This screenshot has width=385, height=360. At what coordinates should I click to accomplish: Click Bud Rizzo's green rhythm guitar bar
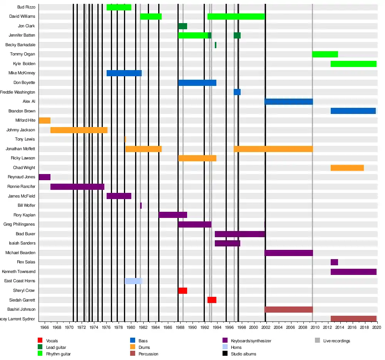tap(119, 7)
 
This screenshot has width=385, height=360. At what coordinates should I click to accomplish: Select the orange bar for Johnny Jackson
tap(79, 130)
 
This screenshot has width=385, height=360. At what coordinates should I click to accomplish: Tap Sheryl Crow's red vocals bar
tap(182, 291)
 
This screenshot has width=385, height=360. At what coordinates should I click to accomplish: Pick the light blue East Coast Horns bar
tap(133, 281)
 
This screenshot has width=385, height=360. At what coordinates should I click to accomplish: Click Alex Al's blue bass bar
tap(288, 102)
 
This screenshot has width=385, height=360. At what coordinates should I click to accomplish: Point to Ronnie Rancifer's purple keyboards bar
tap(77, 187)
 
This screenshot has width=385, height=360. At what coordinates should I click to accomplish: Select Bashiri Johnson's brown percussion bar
tap(288, 310)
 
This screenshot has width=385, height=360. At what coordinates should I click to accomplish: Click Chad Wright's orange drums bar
tap(347, 168)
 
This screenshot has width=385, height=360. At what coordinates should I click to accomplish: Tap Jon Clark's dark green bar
tap(182, 26)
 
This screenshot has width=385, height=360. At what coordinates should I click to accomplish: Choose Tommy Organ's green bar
tap(325, 54)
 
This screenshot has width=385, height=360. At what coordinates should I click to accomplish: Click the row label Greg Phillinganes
tap(19, 224)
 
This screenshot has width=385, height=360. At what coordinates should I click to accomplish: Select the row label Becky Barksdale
tap(20, 45)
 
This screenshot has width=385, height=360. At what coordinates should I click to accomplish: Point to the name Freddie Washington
tap(18, 92)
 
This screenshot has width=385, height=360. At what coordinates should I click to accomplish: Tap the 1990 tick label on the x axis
tap(192, 327)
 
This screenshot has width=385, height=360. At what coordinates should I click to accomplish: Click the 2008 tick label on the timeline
tap(303, 327)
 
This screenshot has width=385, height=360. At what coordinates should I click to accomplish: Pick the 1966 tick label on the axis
tap(45, 327)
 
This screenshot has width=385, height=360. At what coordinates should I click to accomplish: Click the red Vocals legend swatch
tap(40, 340)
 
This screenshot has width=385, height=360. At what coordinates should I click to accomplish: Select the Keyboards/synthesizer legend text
tap(251, 341)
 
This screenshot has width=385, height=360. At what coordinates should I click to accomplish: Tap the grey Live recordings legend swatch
tap(317, 340)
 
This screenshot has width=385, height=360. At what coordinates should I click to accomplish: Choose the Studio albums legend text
tap(243, 354)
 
